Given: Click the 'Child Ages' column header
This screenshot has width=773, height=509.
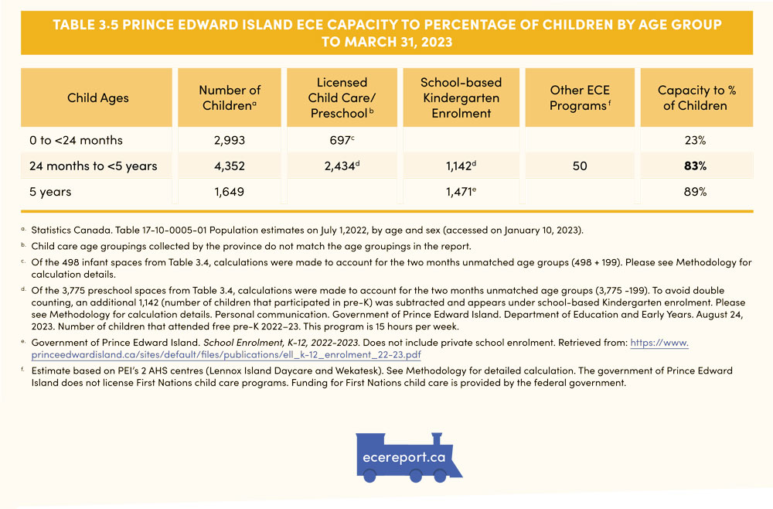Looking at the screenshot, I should (x=98, y=98).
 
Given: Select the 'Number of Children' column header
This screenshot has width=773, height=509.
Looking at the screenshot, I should (x=230, y=98).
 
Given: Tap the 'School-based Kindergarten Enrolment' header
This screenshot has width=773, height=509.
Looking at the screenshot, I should (x=461, y=98).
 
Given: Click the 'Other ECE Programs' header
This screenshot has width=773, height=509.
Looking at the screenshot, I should (x=580, y=98).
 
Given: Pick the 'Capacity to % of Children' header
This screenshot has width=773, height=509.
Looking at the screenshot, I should (x=696, y=98).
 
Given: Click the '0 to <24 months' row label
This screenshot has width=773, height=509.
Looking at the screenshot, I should (x=75, y=141).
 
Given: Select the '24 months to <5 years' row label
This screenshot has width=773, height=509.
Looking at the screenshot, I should (x=93, y=166).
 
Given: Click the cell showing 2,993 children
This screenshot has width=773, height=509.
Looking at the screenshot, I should (x=230, y=141).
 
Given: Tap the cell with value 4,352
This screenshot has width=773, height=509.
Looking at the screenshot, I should (x=230, y=166).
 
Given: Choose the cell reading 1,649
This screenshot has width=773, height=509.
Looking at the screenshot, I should (x=230, y=192).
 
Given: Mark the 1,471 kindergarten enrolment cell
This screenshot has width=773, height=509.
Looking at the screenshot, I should (x=461, y=192).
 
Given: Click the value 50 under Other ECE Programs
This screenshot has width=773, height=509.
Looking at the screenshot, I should (x=580, y=166).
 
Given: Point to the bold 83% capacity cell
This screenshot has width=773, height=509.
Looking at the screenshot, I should (x=696, y=166).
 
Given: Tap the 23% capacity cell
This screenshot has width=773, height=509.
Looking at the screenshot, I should (x=696, y=141).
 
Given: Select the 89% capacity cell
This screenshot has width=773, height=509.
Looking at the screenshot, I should (x=696, y=192).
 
